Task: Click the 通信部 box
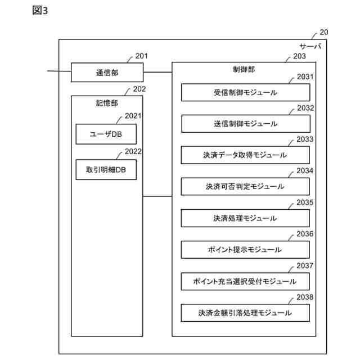pyautogui.click(x=107, y=73)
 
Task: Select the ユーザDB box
pyautogui.click(x=106, y=134)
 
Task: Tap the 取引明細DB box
pyautogui.click(x=106, y=169)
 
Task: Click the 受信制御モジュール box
pyautogui.click(x=245, y=92)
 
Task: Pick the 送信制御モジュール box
pyautogui.click(x=245, y=123)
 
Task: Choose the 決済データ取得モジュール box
pyautogui.click(x=245, y=155)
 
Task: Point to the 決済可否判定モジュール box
pyautogui.click(x=245, y=186)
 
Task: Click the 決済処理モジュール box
pyautogui.click(x=245, y=218)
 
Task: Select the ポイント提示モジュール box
pyautogui.click(x=245, y=249)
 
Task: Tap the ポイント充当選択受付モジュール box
pyautogui.click(x=245, y=281)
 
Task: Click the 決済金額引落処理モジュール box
pyautogui.click(x=245, y=312)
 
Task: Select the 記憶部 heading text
pyautogui.click(x=107, y=103)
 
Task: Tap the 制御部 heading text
pyautogui.click(x=244, y=70)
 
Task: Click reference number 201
pyautogui.click(x=142, y=56)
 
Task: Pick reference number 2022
pyautogui.click(x=133, y=151)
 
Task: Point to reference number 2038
pyautogui.click(x=305, y=297)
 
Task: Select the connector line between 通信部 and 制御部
pyautogui.click(x=157, y=73)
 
